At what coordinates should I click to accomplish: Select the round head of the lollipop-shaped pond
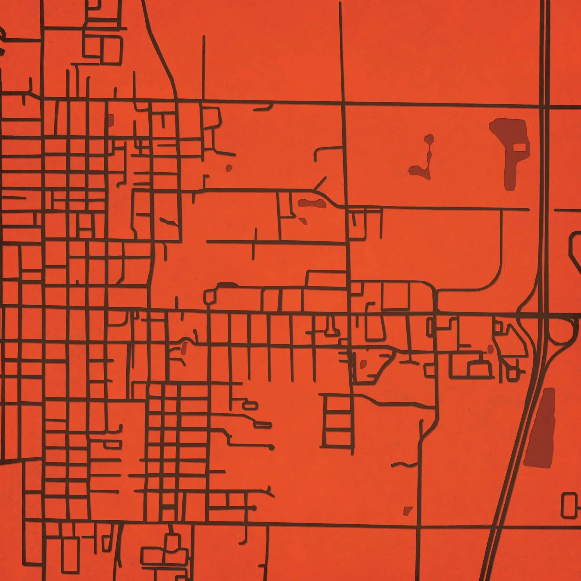point(429,139)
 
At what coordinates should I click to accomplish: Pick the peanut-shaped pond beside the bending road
point(312,203)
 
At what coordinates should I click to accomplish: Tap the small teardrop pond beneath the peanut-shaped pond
point(303,221)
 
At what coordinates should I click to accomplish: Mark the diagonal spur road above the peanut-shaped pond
point(320,183)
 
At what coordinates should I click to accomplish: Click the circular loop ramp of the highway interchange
point(560,331)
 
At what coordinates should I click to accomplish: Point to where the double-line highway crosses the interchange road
point(544,315)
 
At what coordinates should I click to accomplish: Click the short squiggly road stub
point(404,465)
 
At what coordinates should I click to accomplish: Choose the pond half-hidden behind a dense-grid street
point(110,120)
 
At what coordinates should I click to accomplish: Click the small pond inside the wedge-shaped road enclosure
point(364,364)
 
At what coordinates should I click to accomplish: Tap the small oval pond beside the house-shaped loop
point(490,349)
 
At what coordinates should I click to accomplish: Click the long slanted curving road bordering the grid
point(161,51)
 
